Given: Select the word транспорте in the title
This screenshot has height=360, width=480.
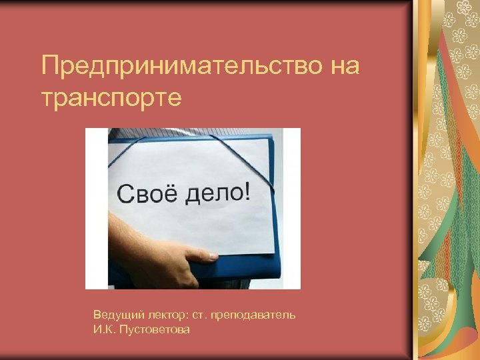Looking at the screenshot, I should pos(111,99).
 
